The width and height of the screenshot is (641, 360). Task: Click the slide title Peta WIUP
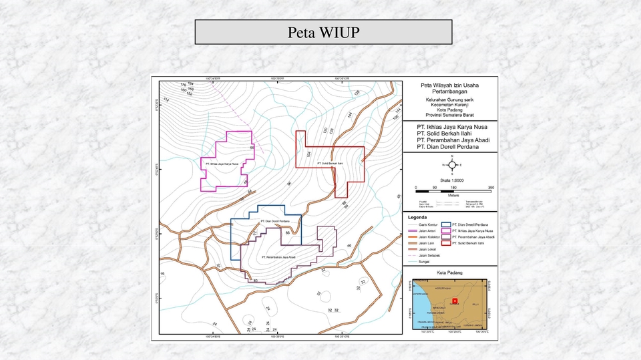coord(323,32)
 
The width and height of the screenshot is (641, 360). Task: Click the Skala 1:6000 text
coord(453,181)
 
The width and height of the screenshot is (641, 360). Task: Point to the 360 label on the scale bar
coord(491,188)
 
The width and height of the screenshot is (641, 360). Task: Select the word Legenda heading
coord(419,218)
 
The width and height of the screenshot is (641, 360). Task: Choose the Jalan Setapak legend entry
coord(428,256)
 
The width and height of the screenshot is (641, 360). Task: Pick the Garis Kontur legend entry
coord(428,225)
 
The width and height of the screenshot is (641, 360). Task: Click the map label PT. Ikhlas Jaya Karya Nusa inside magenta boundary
coord(222,163)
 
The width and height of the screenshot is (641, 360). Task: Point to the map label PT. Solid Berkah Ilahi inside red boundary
coord(330,162)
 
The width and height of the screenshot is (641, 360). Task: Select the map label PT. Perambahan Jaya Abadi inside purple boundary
coord(278,256)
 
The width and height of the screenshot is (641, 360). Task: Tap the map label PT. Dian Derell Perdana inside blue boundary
coord(273,221)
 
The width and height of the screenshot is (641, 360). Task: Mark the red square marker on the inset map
coord(454,300)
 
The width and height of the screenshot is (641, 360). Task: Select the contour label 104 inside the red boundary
coord(308,154)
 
